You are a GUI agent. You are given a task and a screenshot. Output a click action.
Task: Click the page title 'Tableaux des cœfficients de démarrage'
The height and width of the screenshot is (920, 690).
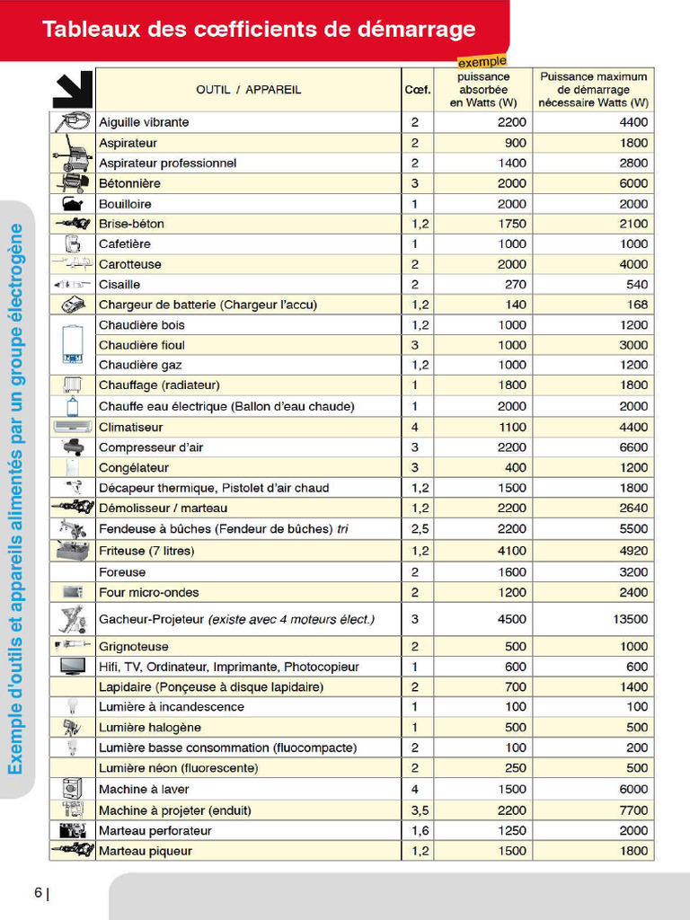pyautogui.click(x=259, y=29)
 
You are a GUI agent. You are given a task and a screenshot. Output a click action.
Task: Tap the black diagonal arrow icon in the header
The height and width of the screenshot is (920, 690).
pyautogui.click(x=72, y=90)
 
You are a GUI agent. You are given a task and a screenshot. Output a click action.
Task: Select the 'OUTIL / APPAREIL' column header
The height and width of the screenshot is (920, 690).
pyautogui.click(x=248, y=90)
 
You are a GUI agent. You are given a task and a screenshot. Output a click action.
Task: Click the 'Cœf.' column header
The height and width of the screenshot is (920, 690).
pyautogui.click(x=417, y=90)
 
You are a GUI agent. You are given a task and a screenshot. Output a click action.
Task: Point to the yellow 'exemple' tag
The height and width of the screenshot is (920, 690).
pyautogui.click(x=482, y=62)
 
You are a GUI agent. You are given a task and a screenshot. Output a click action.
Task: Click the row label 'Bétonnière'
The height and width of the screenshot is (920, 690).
pyautogui.click(x=129, y=183)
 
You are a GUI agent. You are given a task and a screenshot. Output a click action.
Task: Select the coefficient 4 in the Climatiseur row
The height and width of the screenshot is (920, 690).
pyautogui.click(x=415, y=427)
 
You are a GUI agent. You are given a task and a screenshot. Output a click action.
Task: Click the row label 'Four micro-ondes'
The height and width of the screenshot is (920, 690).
pyautogui.click(x=149, y=592)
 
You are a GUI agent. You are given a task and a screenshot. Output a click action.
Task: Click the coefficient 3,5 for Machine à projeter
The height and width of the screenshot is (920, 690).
pyautogui.click(x=420, y=810)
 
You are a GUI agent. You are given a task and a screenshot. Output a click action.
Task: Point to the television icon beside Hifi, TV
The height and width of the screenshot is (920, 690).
pyautogui.click(x=72, y=666)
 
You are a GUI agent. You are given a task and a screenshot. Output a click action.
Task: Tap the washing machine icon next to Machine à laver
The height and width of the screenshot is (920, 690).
pyautogui.click(x=72, y=789)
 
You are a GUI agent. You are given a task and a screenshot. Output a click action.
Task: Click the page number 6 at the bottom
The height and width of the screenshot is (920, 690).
pyautogui.click(x=38, y=893)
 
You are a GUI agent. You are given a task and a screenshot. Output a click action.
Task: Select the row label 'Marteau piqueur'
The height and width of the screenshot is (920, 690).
pyautogui.click(x=145, y=851)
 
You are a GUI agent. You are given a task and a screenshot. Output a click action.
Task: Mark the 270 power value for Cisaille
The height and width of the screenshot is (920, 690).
pyautogui.click(x=515, y=285)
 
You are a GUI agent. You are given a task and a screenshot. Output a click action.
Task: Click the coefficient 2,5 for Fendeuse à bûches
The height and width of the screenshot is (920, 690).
pyautogui.click(x=420, y=529)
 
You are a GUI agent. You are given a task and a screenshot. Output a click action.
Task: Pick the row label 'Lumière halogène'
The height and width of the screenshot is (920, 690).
pyautogui.click(x=149, y=728)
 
